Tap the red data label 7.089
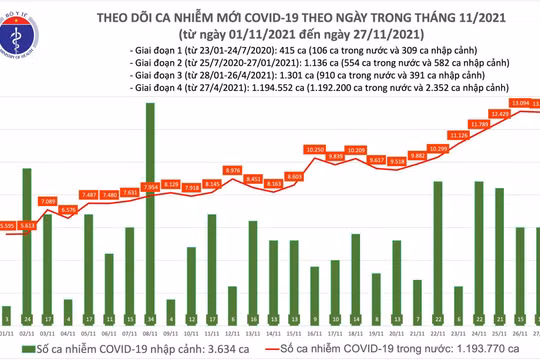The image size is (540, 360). point(49,201)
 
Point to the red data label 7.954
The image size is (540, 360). point(149,186)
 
